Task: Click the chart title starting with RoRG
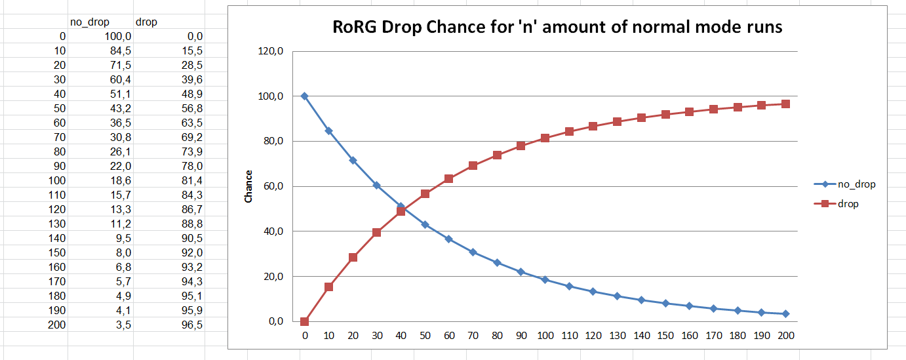(x=557, y=28)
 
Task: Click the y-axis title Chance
(x=248, y=186)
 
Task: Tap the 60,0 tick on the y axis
(x=271, y=186)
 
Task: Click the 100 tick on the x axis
(x=545, y=336)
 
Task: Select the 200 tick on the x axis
(x=785, y=336)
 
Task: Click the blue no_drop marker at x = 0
(x=305, y=96)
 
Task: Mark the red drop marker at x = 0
(x=305, y=321)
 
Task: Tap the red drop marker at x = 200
(x=785, y=104)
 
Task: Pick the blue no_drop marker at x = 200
(x=785, y=313)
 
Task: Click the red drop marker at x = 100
(x=545, y=138)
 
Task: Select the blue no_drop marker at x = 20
(x=353, y=161)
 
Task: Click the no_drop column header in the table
(x=89, y=22)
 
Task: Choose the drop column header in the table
(x=146, y=22)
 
